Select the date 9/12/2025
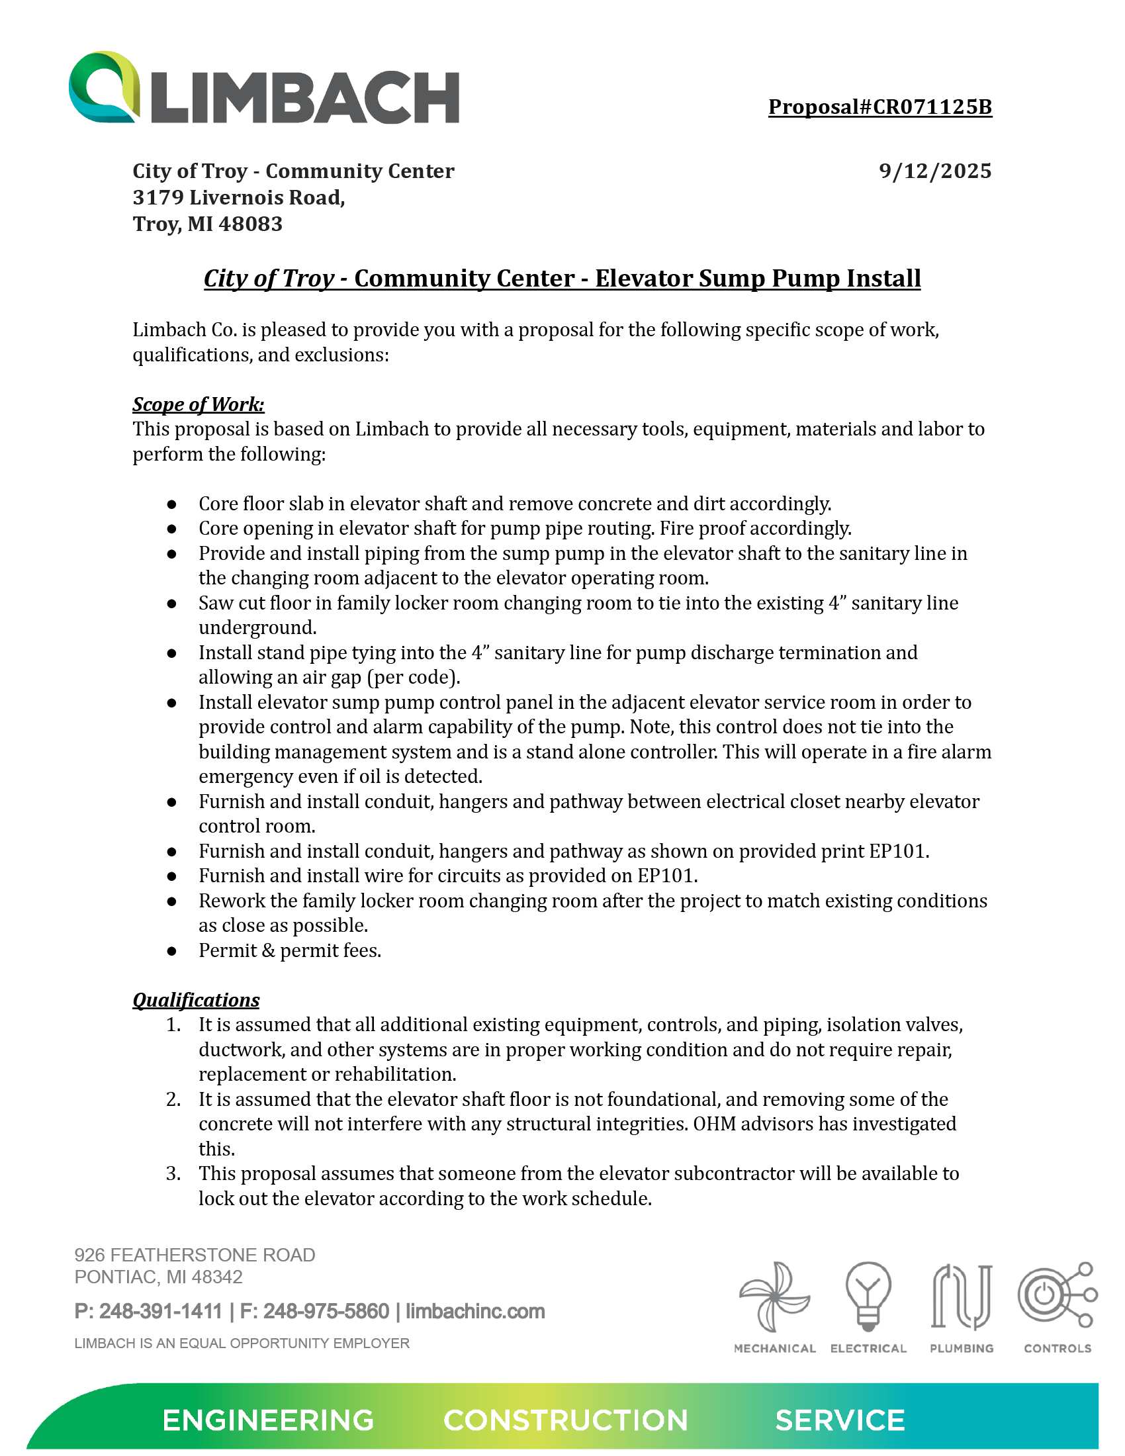[934, 171]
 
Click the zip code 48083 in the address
[251, 224]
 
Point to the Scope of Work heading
[198, 404]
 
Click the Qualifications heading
[196, 1000]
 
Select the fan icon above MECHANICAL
[774, 1296]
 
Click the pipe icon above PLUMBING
[961, 1296]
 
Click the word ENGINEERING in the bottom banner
[268, 1421]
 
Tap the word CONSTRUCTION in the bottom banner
[565, 1421]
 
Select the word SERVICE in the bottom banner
[840, 1421]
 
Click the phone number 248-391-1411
[161, 1311]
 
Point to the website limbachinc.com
[475, 1311]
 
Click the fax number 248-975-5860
[326, 1311]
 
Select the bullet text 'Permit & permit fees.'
[290, 950]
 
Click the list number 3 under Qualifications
[173, 1173]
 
